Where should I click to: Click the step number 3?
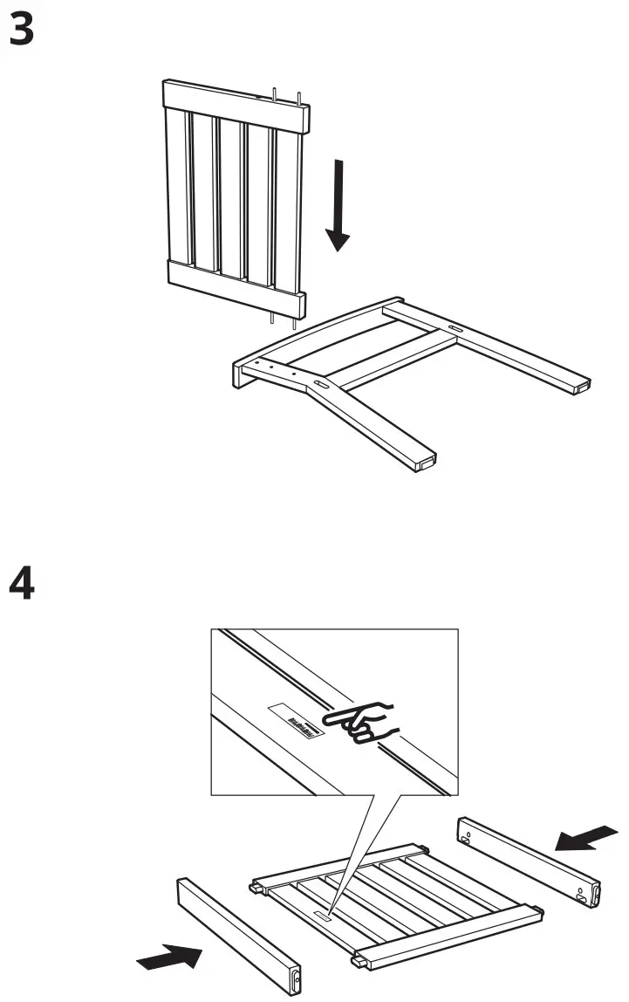tap(22, 31)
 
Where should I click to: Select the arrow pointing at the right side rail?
tap(587, 837)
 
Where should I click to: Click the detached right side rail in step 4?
tap(529, 860)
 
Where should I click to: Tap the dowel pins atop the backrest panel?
tap(289, 96)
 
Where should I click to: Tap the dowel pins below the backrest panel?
tap(284, 320)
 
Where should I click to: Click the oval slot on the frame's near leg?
tap(320, 385)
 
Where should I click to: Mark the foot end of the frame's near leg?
tap(423, 461)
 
